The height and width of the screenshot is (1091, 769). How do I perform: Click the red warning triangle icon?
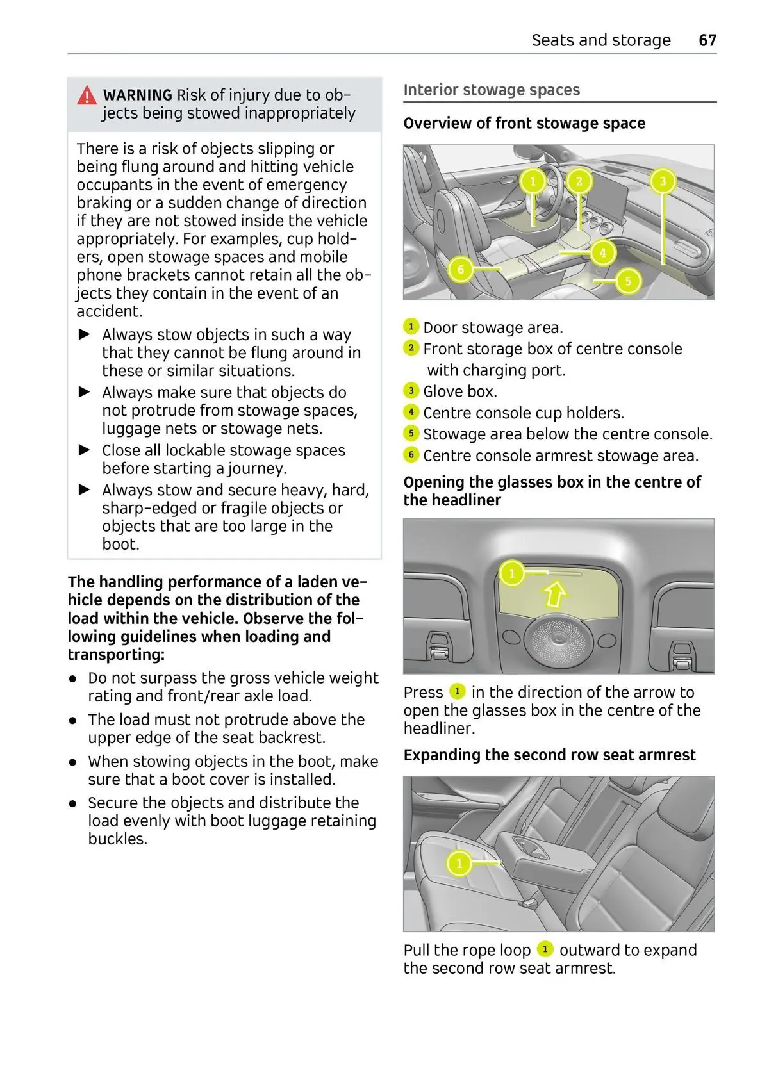[x=87, y=95]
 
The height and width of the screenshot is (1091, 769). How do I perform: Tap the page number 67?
[x=707, y=40]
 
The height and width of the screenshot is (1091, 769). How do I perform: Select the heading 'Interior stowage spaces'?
[x=492, y=90]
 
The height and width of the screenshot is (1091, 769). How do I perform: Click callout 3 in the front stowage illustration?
[x=663, y=181]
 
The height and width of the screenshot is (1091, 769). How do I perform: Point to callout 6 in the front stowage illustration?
[x=460, y=269]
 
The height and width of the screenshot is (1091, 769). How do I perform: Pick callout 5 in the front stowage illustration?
[x=628, y=281]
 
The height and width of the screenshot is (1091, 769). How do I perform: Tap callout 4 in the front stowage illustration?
[x=602, y=252]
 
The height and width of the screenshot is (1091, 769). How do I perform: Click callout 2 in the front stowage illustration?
[x=579, y=181]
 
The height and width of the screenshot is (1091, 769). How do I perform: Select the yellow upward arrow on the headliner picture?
[x=555, y=593]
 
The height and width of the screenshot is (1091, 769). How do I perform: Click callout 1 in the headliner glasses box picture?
[x=511, y=573]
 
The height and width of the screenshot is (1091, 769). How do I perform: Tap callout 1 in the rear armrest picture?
[x=459, y=864]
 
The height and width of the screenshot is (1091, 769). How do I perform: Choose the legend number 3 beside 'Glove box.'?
[x=411, y=391]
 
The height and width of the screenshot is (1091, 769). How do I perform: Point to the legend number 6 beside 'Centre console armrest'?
[x=411, y=455]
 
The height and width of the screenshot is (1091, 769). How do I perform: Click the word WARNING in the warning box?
[x=138, y=95]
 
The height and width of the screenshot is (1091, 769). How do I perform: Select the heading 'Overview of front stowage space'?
[x=524, y=123]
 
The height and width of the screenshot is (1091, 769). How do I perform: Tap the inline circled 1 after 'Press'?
[x=457, y=692]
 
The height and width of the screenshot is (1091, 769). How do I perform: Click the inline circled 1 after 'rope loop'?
[x=545, y=949]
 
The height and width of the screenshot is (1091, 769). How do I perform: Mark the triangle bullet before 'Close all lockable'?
[x=85, y=450]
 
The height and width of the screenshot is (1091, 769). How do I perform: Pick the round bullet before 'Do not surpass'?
[x=74, y=678]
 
